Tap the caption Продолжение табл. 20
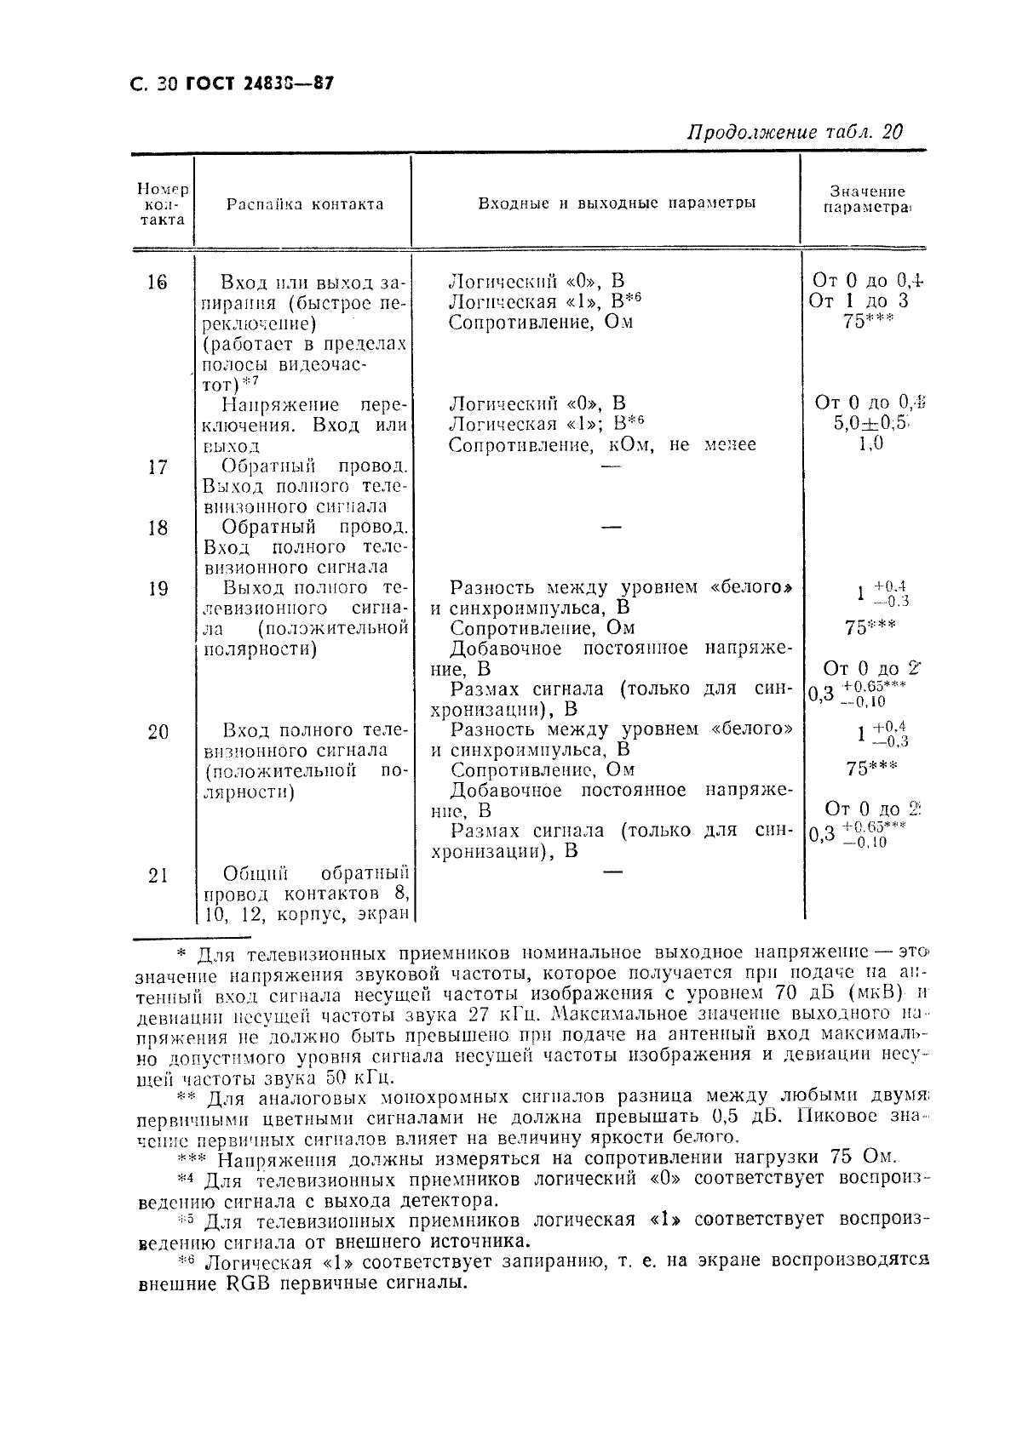tap(794, 132)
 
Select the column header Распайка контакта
tap(304, 204)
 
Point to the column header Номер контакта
tap(162, 204)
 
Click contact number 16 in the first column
tap(157, 283)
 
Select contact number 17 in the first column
tap(158, 467)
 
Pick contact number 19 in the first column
tap(158, 589)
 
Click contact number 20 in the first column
tap(158, 732)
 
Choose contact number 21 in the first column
tap(158, 875)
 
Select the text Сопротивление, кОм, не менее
tap(601, 444)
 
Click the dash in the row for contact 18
tap(611, 528)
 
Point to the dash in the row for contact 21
tap(611, 872)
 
